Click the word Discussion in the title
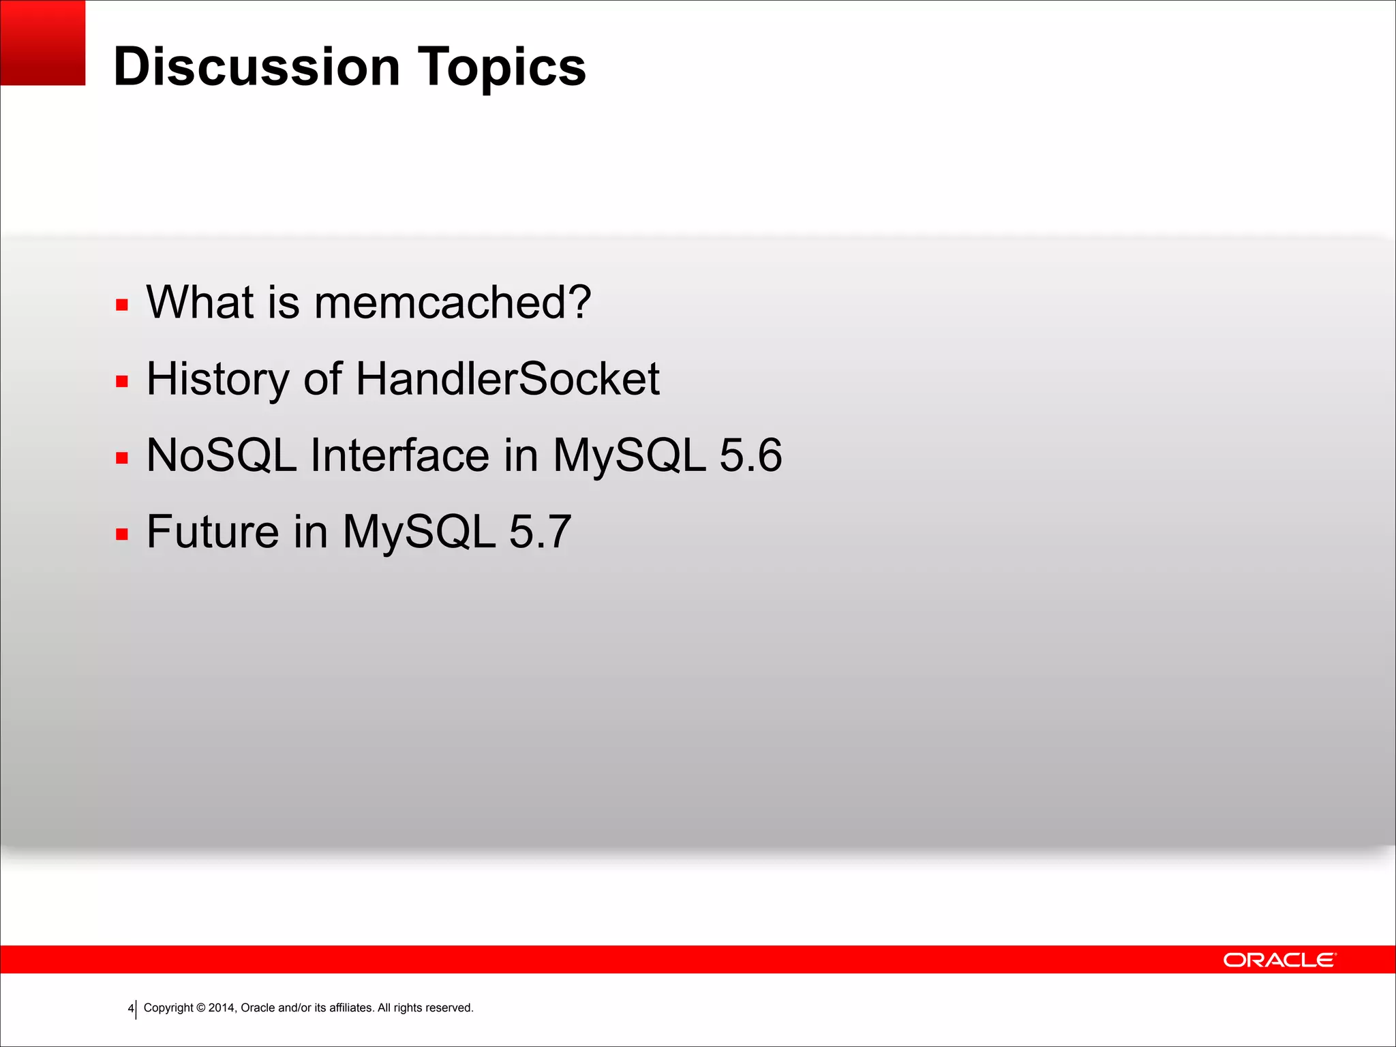(x=256, y=67)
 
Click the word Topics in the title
(x=501, y=67)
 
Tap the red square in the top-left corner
(x=42, y=42)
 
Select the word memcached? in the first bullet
(x=452, y=302)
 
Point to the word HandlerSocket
(x=507, y=379)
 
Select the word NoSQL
(x=222, y=455)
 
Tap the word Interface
(x=399, y=455)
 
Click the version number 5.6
(x=750, y=455)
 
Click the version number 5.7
(x=540, y=532)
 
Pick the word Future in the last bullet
(x=213, y=532)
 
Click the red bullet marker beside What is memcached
(x=122, y=305)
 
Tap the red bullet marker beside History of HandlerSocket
(x=122, y=381)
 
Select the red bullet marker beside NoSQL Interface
(x=122, y=457)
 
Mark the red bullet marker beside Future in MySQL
(x=122, y=534)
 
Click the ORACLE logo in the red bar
(x=1279, y=960)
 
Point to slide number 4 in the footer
(x=130, y=1008)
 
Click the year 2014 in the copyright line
(x=222, y=1007)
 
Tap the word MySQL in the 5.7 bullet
(x=419, y=532)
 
